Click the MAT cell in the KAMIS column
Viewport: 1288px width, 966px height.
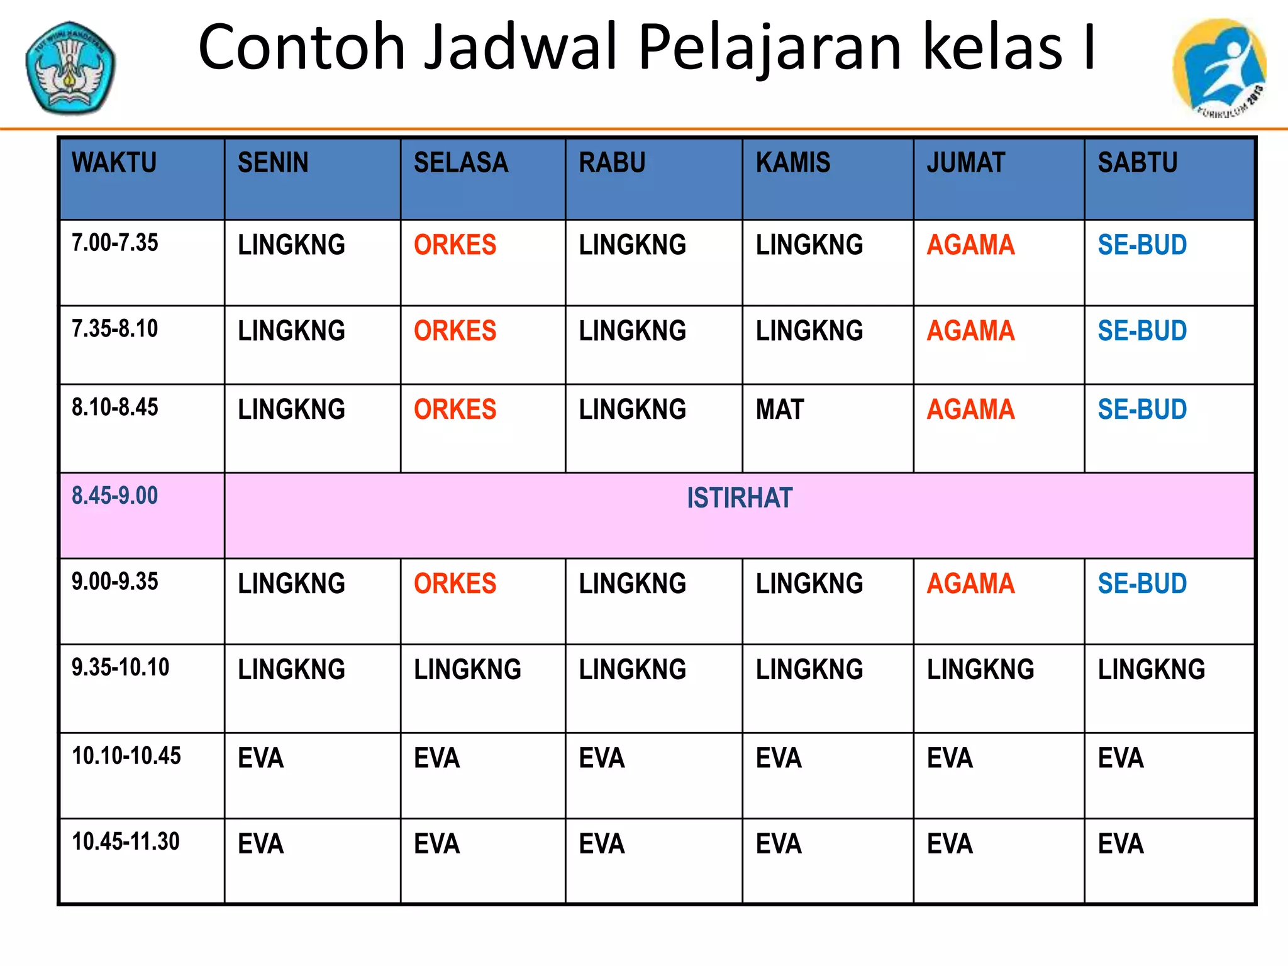point(780,410)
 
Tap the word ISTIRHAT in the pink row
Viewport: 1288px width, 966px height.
point(739,498)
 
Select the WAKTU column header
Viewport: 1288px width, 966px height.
point(114,163)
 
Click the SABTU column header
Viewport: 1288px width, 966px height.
point(1138,163)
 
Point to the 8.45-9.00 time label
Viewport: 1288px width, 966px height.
point(114,496)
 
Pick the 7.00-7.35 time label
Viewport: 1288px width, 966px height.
point(114,243)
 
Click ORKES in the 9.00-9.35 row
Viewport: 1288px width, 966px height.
point(455,584)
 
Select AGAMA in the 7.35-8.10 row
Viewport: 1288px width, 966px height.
point(970,331)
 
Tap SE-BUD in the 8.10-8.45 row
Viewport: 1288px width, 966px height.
point(1142,410)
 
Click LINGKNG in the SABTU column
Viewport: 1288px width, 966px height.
point(1152,670)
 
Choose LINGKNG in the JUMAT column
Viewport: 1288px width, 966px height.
point(980,670)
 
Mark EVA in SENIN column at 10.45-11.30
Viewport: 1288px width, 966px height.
point(260,844)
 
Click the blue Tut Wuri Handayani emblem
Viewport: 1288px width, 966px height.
point(70,68)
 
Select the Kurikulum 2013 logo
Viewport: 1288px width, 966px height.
point(1219,68)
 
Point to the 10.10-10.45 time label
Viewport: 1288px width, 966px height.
point(126,756)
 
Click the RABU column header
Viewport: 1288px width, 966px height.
point(612,163)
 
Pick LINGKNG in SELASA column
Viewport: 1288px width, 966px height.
point(467,670)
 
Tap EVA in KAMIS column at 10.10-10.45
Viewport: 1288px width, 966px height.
point(779,758)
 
